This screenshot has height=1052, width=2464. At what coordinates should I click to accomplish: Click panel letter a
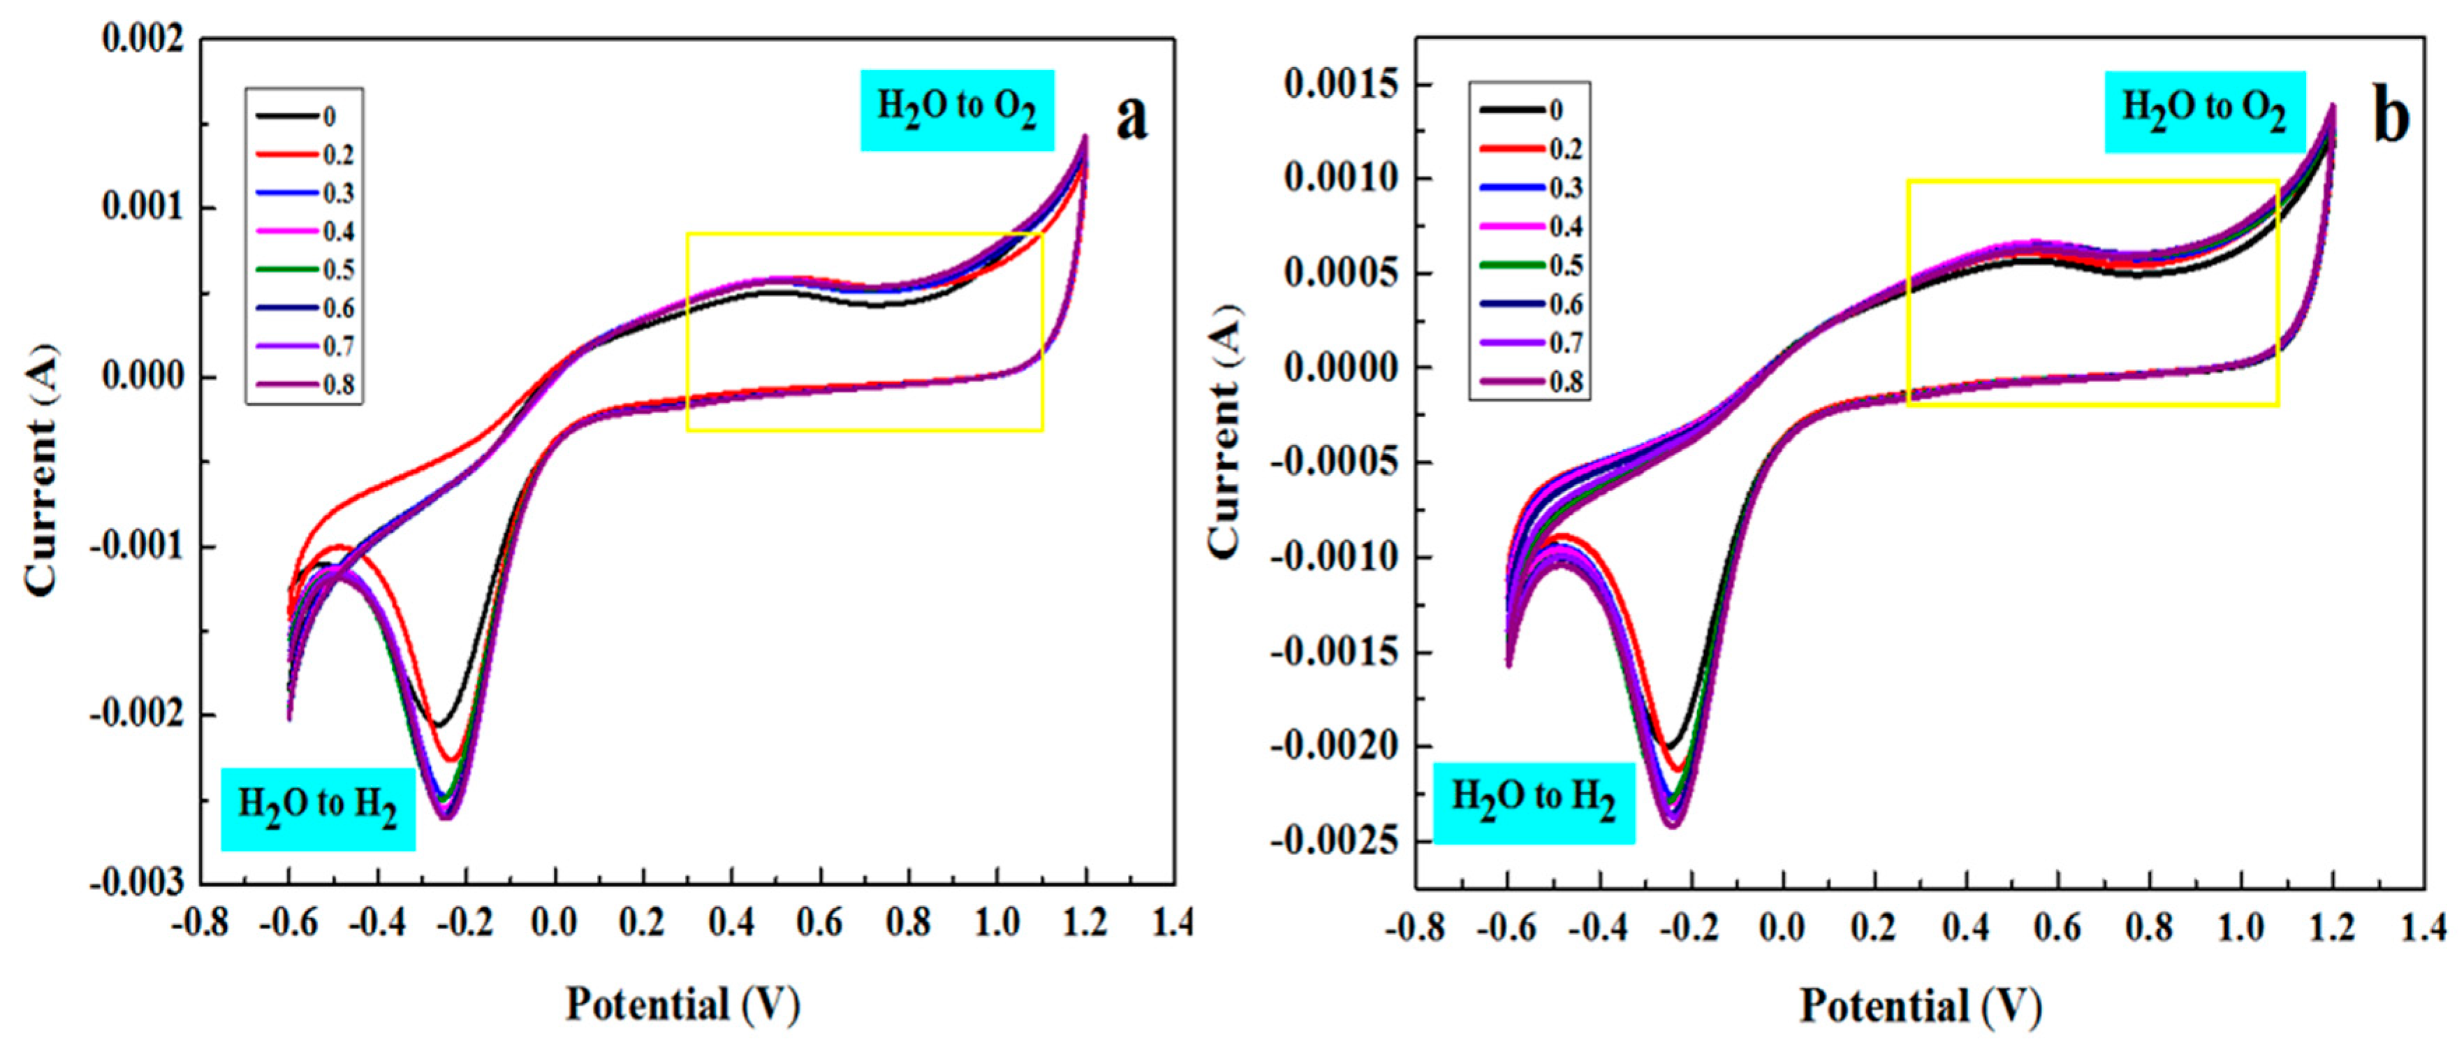tap(1131, 119)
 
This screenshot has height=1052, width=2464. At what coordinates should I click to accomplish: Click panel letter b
tap(2391, 119)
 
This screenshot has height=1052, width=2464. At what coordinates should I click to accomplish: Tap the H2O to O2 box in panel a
tap(957, 109)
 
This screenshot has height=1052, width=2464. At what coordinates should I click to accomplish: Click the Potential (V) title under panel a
tap(683, 1004)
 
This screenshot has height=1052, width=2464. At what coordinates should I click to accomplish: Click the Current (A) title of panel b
tap(1224, 430)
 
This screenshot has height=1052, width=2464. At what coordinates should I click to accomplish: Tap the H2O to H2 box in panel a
tap(318, 808)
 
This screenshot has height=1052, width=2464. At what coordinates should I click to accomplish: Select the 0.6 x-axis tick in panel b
tap(2058, 927)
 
